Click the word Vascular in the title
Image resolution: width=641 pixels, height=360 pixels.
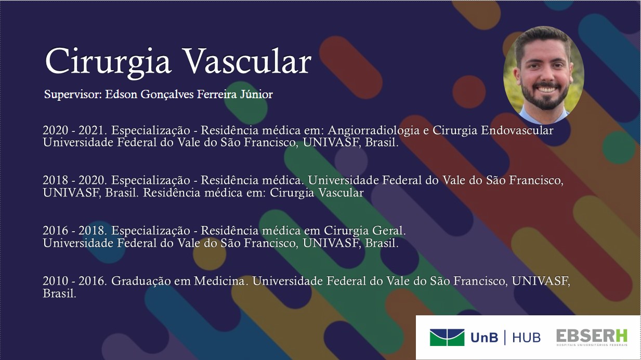[248, 61]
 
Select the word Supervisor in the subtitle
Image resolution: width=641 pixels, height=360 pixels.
[73, 95]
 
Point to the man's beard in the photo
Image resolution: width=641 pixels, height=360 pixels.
[544, 97]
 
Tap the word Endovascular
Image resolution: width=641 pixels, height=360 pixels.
[517, 130]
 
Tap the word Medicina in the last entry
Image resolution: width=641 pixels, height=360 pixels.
[219, 281]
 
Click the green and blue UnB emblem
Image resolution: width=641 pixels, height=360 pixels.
[447, 338]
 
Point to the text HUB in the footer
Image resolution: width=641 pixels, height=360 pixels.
[526, 338]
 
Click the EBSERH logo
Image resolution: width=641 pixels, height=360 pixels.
[592, 338]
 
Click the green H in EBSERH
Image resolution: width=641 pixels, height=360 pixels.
[621, 336]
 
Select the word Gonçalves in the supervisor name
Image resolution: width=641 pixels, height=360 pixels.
[167, 95]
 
